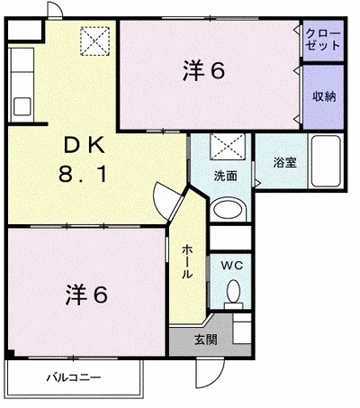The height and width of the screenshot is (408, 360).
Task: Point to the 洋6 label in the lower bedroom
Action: point(87,294)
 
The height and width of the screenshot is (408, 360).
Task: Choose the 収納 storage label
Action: point(324,95)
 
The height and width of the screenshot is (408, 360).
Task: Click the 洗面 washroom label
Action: point(225,177)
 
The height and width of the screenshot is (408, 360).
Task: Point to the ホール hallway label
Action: point(186,260)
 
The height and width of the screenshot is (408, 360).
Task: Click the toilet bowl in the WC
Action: point(232,292)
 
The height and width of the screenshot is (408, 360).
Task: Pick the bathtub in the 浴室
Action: point(326,160)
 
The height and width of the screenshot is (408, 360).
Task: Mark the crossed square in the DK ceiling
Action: point(94,41)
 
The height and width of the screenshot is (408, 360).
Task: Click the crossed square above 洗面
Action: point(222,146)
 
